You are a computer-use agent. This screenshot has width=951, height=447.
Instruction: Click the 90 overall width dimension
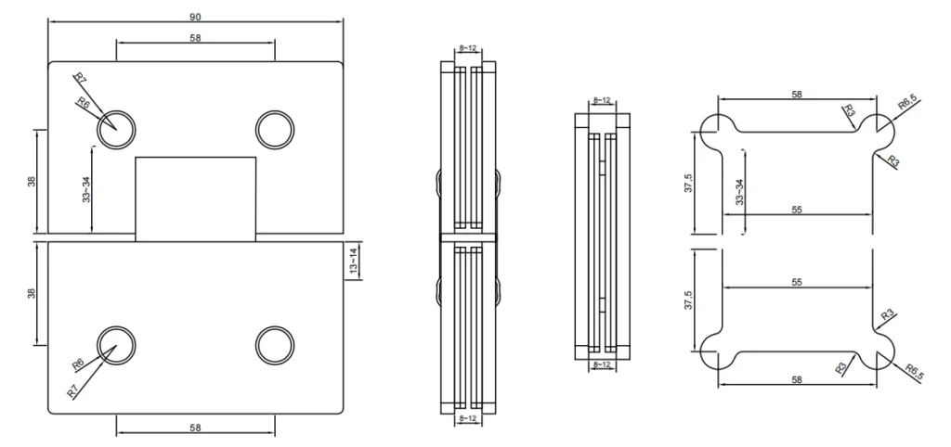pos(195,17)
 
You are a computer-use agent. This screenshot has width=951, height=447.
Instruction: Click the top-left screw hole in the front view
pos(117,126)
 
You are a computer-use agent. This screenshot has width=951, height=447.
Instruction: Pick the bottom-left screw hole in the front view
pos(117,344)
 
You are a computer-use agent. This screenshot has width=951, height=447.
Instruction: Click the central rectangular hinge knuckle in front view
pos(196,198)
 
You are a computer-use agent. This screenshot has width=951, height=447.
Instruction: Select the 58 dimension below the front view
pos(195,428)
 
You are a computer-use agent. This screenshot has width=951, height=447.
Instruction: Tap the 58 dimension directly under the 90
pos(195,38)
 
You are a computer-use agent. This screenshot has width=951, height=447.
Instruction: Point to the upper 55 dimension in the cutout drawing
pos(797,211)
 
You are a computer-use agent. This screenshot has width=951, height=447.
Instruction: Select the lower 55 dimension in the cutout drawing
pos(797,279)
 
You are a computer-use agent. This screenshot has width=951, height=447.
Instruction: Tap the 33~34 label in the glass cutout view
pos(738,192)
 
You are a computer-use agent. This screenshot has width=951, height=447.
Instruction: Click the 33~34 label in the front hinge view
pos(86,190)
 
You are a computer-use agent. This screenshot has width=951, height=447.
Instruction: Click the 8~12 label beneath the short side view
pos(602,366)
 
